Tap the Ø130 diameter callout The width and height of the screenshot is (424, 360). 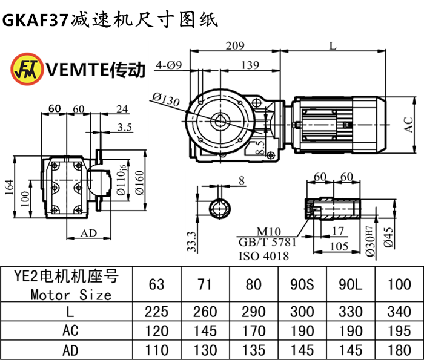click(163, 100)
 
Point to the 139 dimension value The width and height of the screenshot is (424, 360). click(250, 65)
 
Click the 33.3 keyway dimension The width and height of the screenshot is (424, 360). click(191, 240)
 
